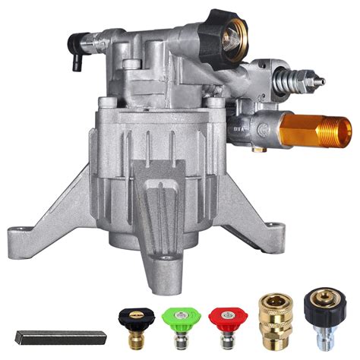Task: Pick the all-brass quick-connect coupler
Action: coord(269,320)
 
